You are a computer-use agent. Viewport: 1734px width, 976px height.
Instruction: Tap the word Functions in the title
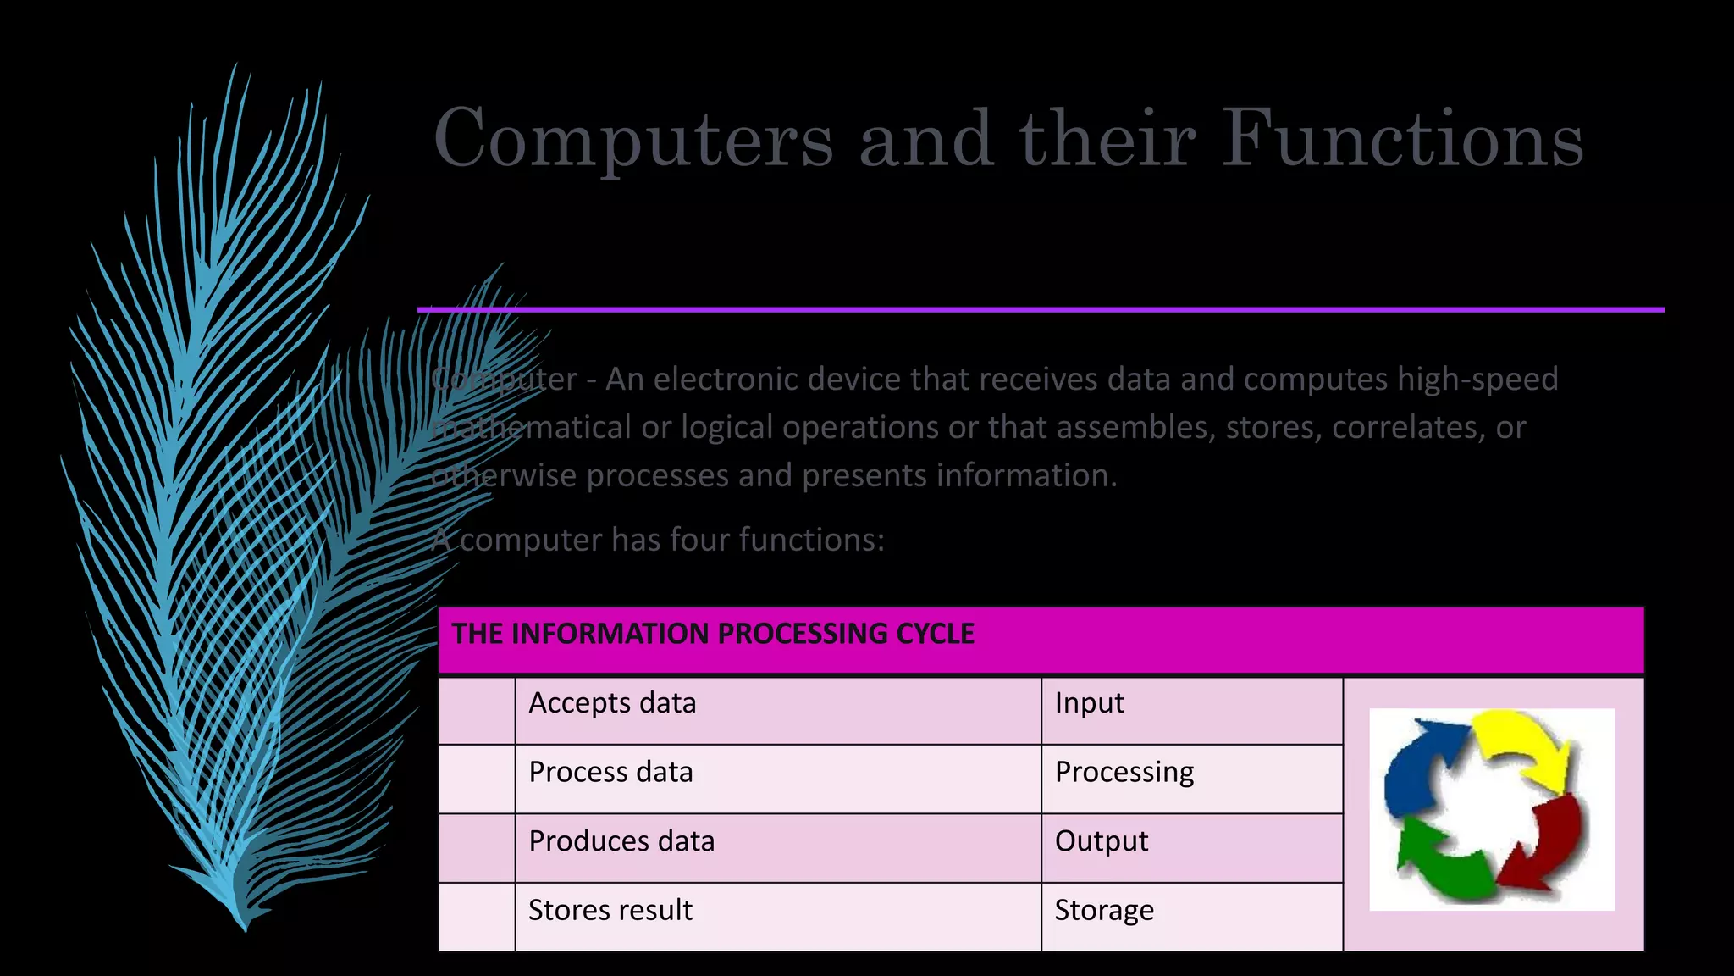[x=1402, y=137]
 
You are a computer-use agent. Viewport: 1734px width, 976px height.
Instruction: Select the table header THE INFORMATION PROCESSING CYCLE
[x=713, y=634]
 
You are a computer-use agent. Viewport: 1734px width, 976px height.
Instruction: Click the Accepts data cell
[x=612, y=703]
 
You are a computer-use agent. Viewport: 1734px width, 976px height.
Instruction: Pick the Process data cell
[x=610, y=773]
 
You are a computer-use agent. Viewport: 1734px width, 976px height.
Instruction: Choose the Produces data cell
[x=621, y=841]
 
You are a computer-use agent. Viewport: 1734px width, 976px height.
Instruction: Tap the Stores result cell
[x=610, y=911]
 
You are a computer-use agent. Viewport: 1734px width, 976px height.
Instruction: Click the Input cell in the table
[x=1089, y=703]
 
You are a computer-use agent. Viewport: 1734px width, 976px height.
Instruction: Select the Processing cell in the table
[x=1124, y=773]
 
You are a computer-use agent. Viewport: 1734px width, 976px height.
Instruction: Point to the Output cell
[x=1102, y=841]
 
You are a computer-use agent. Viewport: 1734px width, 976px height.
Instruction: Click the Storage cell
[x=1104, y=911]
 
